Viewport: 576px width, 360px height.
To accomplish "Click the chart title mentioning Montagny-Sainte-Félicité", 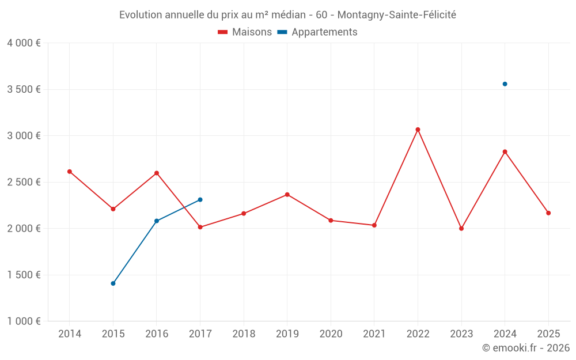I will [x=287, y=15].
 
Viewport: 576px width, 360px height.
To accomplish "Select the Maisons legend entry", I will [x=245, y=32].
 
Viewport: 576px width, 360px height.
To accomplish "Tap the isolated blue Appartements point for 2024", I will [x=505, y=84].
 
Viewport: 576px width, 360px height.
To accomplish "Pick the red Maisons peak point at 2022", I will [x=418, y=130].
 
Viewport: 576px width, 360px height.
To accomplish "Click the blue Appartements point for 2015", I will [x=113, y=283].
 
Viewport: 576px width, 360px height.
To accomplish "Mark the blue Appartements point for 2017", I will [x=200, y=200].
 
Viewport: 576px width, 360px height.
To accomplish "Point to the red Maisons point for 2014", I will [x=70, y=172].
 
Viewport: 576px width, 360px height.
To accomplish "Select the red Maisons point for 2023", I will [x=461, y=229].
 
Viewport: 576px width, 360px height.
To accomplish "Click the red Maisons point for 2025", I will [x=548, y=213].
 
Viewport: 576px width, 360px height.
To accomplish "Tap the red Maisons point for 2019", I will [x=287, y=195].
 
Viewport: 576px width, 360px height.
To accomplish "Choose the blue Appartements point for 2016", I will [x=157, y=221].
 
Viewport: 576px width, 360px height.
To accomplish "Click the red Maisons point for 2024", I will [x=505, y=151].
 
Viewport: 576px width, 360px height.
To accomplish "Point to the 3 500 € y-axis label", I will [x=24, y=89].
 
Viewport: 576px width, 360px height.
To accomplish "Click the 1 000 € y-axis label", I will [x=24, y=321].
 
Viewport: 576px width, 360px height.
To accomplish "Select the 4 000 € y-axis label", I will [x=24, y=43].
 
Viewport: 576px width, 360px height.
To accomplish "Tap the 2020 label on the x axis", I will [x=331, y=334].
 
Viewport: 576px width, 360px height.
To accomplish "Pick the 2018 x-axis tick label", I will [x=244, y=334].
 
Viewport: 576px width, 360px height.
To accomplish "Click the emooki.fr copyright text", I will [x=525, y=348].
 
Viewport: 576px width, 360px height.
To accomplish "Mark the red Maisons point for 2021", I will [x=374, y=225].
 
